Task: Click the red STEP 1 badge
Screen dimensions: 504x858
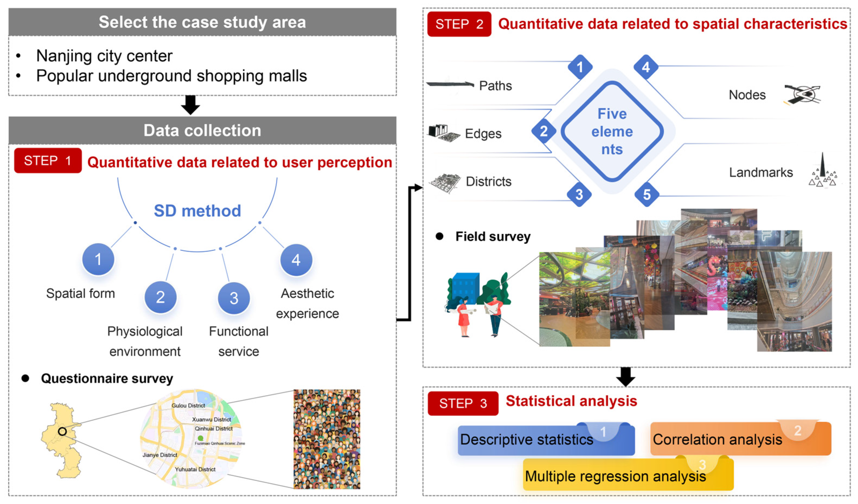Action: pos(48,161)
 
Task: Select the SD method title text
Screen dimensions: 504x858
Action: pos(197,211)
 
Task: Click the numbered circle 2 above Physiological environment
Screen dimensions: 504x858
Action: pos(160,297)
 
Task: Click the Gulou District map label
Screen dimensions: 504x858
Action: pos(188,405)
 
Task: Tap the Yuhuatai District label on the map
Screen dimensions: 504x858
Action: pos(195,469)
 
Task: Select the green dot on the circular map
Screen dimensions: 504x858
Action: pos(201,438)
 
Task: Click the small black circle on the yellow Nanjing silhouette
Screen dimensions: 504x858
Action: pos(62,431)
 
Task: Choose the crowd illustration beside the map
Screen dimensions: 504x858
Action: pos(326,439)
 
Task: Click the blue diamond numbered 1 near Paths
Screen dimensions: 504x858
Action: pos(580,67)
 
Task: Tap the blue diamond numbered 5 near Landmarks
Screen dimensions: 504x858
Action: pos(646,195)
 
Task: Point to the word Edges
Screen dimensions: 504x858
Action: pos(483,134)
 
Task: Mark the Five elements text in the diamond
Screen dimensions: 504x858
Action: pos(612,131)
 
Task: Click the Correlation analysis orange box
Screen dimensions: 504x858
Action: pos(741,439)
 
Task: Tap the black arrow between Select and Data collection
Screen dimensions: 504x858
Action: pos(190,105)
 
